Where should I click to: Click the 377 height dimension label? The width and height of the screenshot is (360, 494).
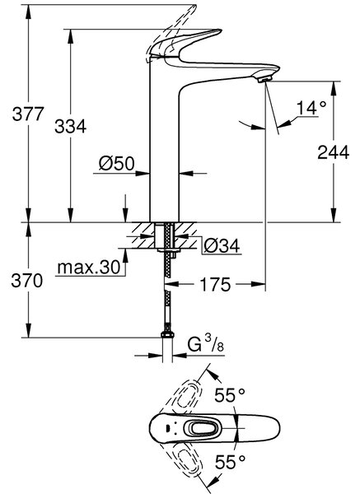pos(28,114)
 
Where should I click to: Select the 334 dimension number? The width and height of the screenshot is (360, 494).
pos(70,126)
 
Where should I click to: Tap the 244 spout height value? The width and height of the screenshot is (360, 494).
pos(333,152)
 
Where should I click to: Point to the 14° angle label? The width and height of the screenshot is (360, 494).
pos(311,108)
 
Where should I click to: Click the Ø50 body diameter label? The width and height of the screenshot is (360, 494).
pos(117,164)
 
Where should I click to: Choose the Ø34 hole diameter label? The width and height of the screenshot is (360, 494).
pos(222,245)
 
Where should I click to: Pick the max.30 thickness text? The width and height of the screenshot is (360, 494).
pos(89,268)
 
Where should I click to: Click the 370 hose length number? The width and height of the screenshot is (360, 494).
pos(27,281)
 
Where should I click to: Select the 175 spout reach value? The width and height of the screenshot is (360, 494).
pos(216,285)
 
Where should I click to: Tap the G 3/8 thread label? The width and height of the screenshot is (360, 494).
pos(205,346)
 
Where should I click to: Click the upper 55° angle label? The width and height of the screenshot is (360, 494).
pos(230,395)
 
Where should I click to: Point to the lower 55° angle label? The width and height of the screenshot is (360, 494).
pos(230,462)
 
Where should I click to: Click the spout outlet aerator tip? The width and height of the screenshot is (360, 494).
pos(264,80)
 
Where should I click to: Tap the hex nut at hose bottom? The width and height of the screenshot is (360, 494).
pos(167,334)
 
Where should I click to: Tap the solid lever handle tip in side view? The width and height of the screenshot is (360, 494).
pos(217,31)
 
